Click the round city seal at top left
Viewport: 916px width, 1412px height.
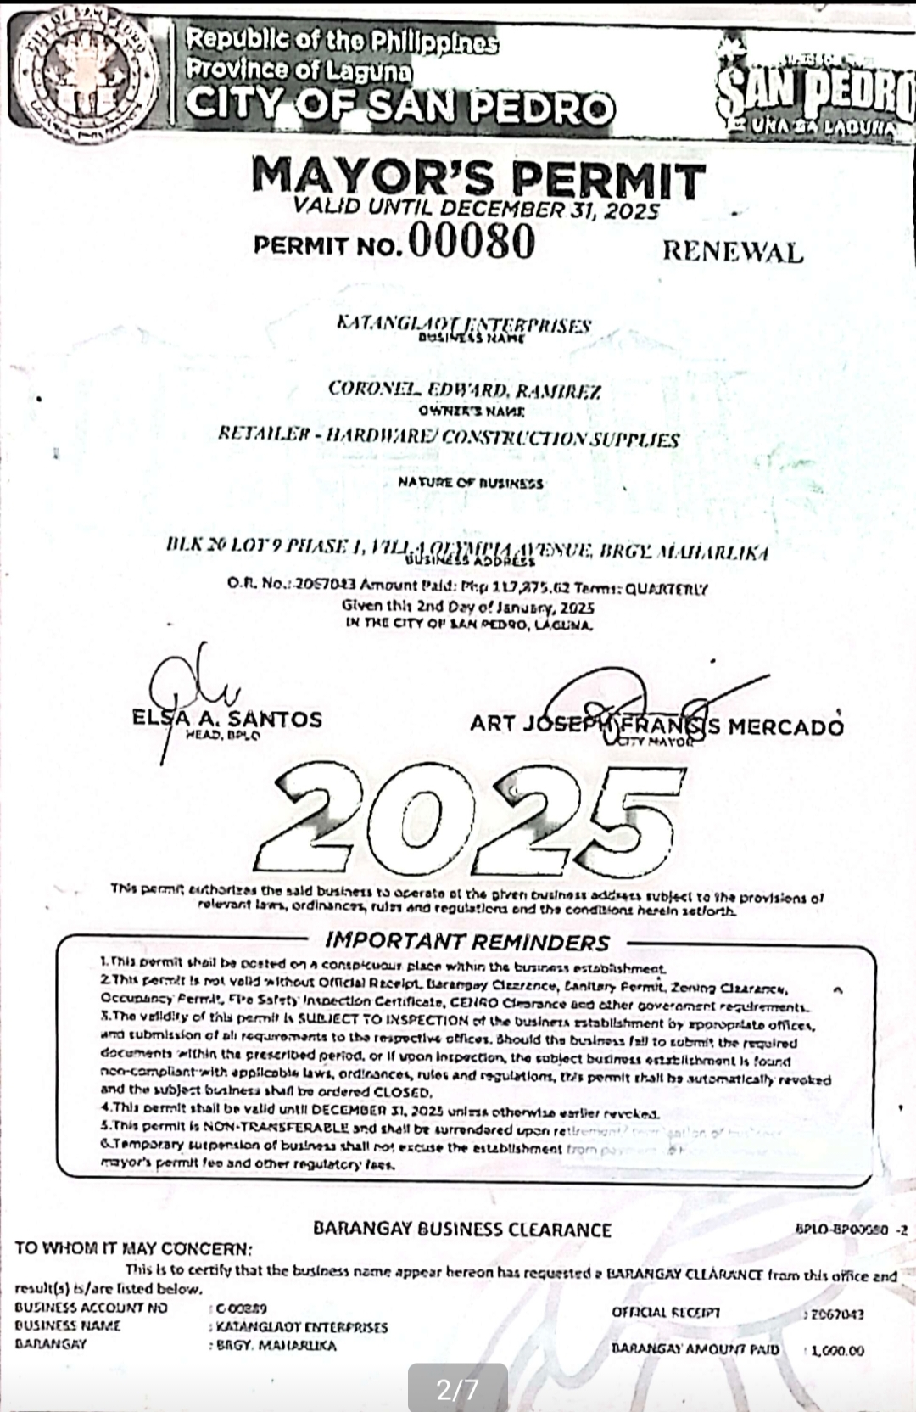(85, 78)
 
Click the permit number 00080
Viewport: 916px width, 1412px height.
(471, 243)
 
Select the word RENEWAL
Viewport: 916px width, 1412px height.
(732, 251)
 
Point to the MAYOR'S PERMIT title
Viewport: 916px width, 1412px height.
(478, 179)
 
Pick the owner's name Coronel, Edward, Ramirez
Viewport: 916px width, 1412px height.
(465, 390)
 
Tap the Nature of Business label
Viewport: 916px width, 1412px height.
(471, 483)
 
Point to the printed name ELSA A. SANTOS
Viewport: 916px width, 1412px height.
(227, 719)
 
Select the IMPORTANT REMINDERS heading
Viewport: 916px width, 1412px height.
(467, 942)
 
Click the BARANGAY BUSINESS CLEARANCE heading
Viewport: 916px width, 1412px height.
(462, 1229)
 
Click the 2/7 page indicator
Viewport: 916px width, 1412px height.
(457, 1389)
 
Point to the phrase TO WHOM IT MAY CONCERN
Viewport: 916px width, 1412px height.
(134, 1248)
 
